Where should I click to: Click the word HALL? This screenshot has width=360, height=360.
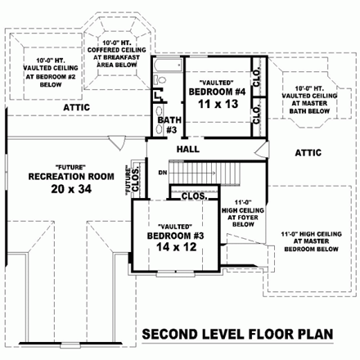pyautogui.click(x=188, y=149)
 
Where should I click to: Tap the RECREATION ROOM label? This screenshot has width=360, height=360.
pyautogui.click(x=58, y=176)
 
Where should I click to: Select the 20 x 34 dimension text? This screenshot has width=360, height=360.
pyautogui.click(x=58, y=190)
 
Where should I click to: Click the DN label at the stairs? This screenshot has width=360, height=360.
pyautogui.click(x=163, y=173)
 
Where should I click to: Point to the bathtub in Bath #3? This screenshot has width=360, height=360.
pyautogui.click(x=171, y=66)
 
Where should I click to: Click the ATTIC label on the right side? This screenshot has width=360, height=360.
pyautogui.click(x=308, y=152)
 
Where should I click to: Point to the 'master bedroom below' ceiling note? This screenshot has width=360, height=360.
pyautogui.click(x=308, y=243)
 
